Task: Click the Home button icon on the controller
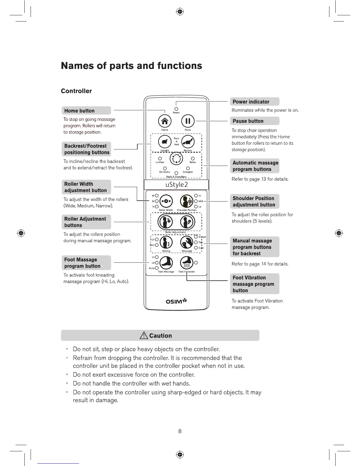click(x=165, y=121)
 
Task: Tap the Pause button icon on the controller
click(x=188, y=121)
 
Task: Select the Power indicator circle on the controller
click(x=176, y=109)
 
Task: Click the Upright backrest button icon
click(x=165, y=142)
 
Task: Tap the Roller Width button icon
click(x=166, y=201)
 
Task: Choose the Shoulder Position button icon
click(x=186, y=201)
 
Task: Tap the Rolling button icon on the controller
click(x=166, y=242)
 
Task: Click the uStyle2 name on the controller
click(x=176, y=185)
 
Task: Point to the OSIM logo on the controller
click(x=176, y=301)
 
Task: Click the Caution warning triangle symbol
click(x=144, y=335)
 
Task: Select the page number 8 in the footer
click(x=180, y=431)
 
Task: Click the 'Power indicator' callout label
click(x=251, y=102)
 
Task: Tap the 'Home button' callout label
click(x=79, y=111)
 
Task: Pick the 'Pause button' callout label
click(x=248, y=121)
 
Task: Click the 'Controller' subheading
click(x=76, y=91)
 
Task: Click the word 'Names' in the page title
click(x=77, y=66)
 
